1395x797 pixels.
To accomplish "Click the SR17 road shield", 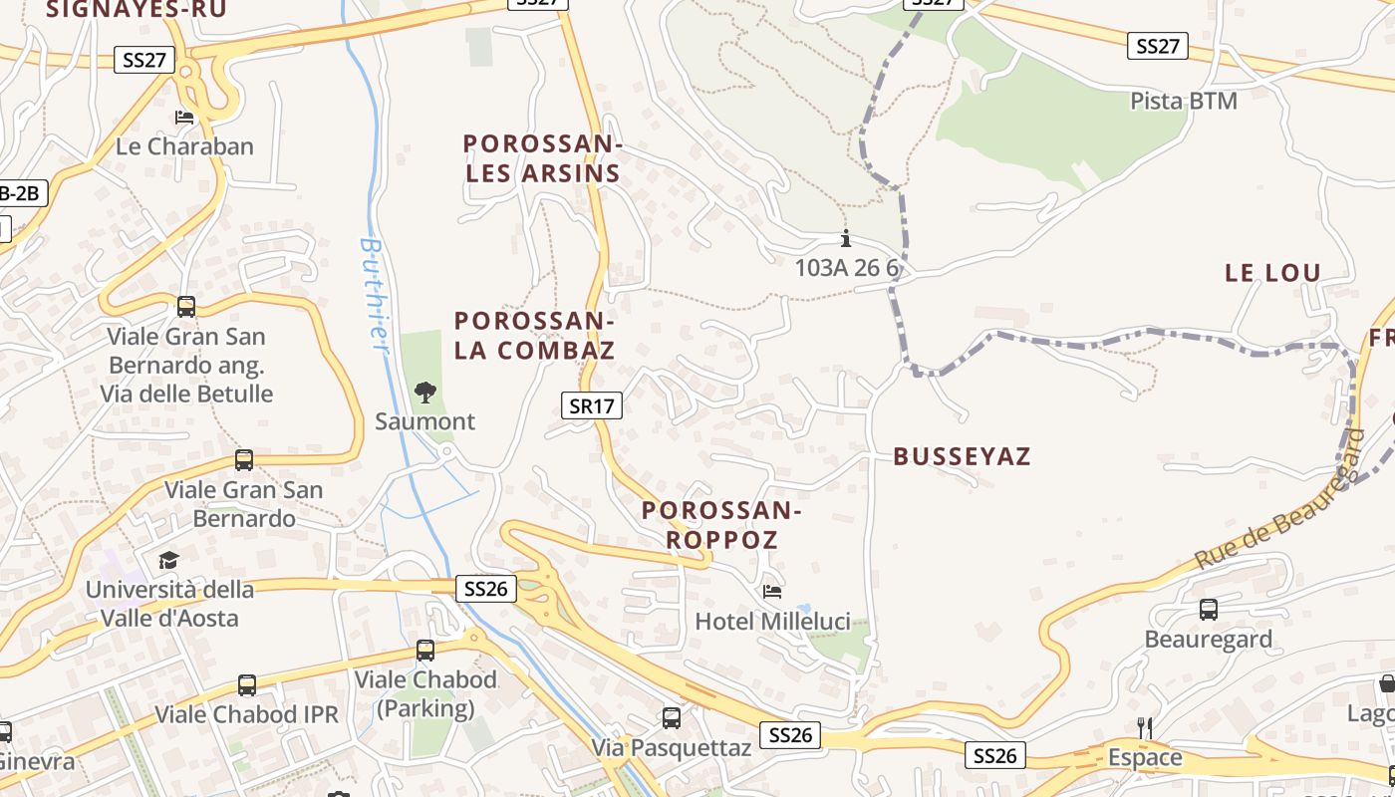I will point(592,405).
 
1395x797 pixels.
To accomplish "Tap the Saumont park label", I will point(425,421).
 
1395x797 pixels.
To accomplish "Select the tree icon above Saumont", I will point(425,393).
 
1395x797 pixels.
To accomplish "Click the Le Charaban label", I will point(184,146).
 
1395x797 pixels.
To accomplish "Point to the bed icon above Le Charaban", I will point(184,118).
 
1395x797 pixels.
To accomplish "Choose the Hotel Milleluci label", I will point(772,622).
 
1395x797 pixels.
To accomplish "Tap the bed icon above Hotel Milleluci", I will point(772,592).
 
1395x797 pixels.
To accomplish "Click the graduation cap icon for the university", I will point(168,560).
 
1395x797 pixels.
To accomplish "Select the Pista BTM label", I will point(1184,101).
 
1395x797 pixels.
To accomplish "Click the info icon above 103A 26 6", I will point(846,239).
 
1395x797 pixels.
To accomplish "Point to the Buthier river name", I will point(374,294).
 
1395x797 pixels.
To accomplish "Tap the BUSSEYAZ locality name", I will point(962,457).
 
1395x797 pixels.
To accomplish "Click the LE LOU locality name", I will point(1272,273).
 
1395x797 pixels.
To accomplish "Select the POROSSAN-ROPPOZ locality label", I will point(721,525).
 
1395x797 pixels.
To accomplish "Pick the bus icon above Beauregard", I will point(1209,610).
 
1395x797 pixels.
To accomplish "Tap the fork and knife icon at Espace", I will point(1145,728).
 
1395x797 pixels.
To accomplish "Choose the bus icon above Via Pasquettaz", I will point(672,717).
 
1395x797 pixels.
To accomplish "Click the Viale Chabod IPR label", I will point(246,714).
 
